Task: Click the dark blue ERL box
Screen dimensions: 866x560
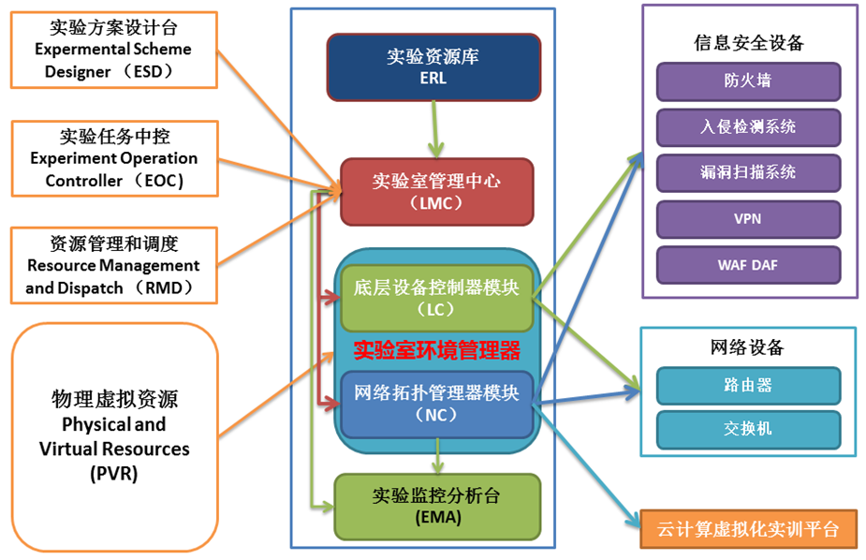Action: (433, 67)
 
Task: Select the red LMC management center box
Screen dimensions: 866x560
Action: (437, 192)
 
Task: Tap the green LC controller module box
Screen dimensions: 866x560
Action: (437, 298)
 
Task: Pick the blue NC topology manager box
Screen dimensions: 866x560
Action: (437, 405)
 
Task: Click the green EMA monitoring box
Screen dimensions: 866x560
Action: (437, 507)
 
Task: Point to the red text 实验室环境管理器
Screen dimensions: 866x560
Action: (437, 350)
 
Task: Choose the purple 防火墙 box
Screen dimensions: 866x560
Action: (748, 81)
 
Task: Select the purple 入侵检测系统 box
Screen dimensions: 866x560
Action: (748, 127)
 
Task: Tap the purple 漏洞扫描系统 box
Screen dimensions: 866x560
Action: (748, 173)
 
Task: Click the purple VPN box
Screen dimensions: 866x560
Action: (748, 219)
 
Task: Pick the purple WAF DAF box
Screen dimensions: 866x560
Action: (748, 265)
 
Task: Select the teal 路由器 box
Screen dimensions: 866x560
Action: (748, 386)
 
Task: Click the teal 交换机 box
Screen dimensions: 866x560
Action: (748, 429)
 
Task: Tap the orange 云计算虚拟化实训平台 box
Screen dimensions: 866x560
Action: (748, 529)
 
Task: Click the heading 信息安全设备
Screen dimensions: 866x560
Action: (749, 42)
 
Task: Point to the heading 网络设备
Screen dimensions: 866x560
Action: (747, 347)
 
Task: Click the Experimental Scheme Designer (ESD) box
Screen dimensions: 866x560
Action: (114, 50)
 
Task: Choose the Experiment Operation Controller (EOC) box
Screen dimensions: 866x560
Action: (115, 158)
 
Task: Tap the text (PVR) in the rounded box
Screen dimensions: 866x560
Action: (114, 474)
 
